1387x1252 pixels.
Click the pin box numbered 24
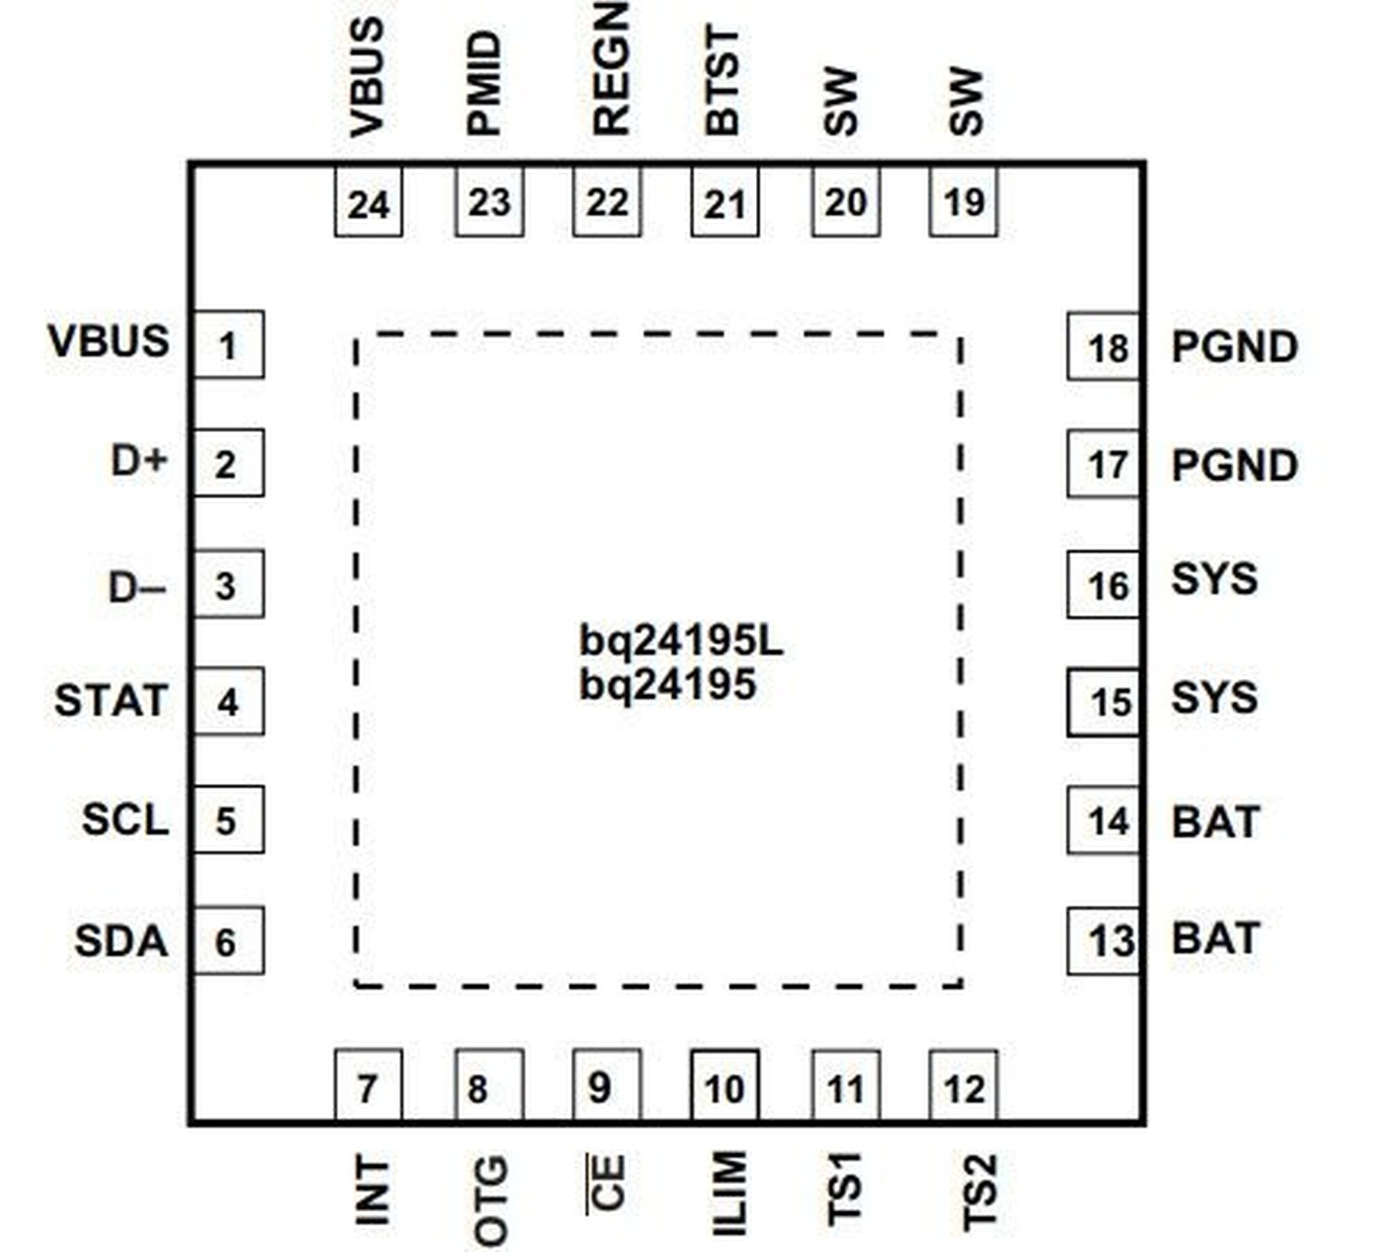click(x=368, y=203)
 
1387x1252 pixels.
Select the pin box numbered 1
click(x=227, y=345)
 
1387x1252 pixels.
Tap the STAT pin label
click(x=111, y=701)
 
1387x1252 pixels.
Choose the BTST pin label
click(x=723, y=82)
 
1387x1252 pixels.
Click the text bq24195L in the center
click(x=681, y=642)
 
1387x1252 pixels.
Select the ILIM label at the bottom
click(x=730, y=1193)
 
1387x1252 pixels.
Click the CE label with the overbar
click(x=608, y=1183)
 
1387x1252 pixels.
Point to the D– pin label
click(x=137, y=588)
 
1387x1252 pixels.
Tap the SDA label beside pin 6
click(x=121, y=941)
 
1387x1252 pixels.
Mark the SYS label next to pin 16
click(x=1214, y=579)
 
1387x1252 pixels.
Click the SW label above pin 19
click(x=965, y=103)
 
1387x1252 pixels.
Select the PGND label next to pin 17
click(x=1234, y=465)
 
